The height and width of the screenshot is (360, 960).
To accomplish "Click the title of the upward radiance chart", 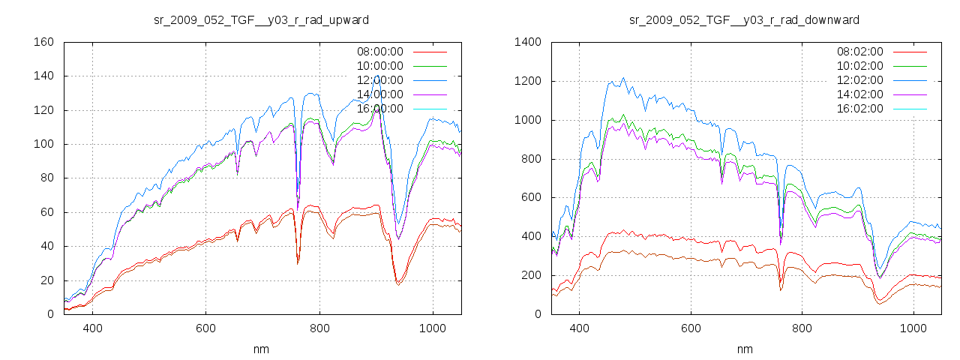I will [x=261, y=19].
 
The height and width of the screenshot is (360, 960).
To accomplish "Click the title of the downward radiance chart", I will [x=745, y=19].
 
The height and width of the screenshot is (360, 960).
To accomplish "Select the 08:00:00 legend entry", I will [x=379, y=52].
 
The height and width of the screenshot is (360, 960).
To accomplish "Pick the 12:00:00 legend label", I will [x=379, y=80].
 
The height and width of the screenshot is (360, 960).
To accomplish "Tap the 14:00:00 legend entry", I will [x=379, y=94].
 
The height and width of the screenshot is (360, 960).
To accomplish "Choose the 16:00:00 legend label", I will [x=379, y=109].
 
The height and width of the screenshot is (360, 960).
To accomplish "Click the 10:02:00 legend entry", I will [x=859, y=67].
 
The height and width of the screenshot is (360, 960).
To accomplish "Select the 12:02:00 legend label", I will [x=859, y=80].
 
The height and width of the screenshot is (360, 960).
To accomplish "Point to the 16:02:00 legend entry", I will [x=859, y=109].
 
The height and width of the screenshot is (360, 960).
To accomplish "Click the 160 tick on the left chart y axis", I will [x=43, y=42].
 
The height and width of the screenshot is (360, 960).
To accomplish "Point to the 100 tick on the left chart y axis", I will [x=43, y=144].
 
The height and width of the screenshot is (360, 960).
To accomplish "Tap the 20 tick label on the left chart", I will [x=46, y=280].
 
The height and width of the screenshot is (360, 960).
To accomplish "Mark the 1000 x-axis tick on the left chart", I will [x=433, y=328].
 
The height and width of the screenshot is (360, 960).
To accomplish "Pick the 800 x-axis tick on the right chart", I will [x=802, y=328].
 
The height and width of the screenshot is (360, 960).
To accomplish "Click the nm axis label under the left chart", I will [x=262, y=349].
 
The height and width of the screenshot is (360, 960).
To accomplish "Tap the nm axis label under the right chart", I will [x=745, y=349].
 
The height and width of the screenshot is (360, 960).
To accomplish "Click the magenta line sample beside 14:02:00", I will [x=910, y=95].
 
